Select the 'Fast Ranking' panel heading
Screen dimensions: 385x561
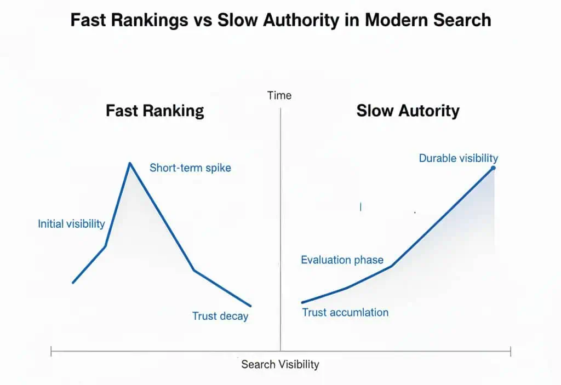click(154, 111)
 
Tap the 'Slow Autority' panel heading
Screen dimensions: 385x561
click(408, 111)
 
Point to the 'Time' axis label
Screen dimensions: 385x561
click(279, 95)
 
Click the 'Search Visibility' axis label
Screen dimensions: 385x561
click(280, 364)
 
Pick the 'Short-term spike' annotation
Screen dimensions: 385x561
click(190, 168)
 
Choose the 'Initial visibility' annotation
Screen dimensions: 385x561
click(71, 223)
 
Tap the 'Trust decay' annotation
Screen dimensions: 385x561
click(220, 316)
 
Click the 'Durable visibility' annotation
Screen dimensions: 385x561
click(458, 158)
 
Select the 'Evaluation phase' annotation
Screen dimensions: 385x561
click(342, 260)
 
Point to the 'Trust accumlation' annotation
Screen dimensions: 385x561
click(345, 312)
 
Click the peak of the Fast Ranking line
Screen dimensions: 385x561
click(130, 163)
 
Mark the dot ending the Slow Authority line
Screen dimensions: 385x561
click(493, 168)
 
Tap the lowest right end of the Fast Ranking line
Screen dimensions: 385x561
click(250, 306)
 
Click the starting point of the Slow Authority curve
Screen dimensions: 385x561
click(302, 302)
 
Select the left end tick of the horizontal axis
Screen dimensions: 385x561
click(51, 351)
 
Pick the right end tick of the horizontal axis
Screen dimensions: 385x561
click(511, 351)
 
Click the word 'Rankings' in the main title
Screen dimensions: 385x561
click(141, 20)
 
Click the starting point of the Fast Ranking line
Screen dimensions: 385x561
click(73, 283)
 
